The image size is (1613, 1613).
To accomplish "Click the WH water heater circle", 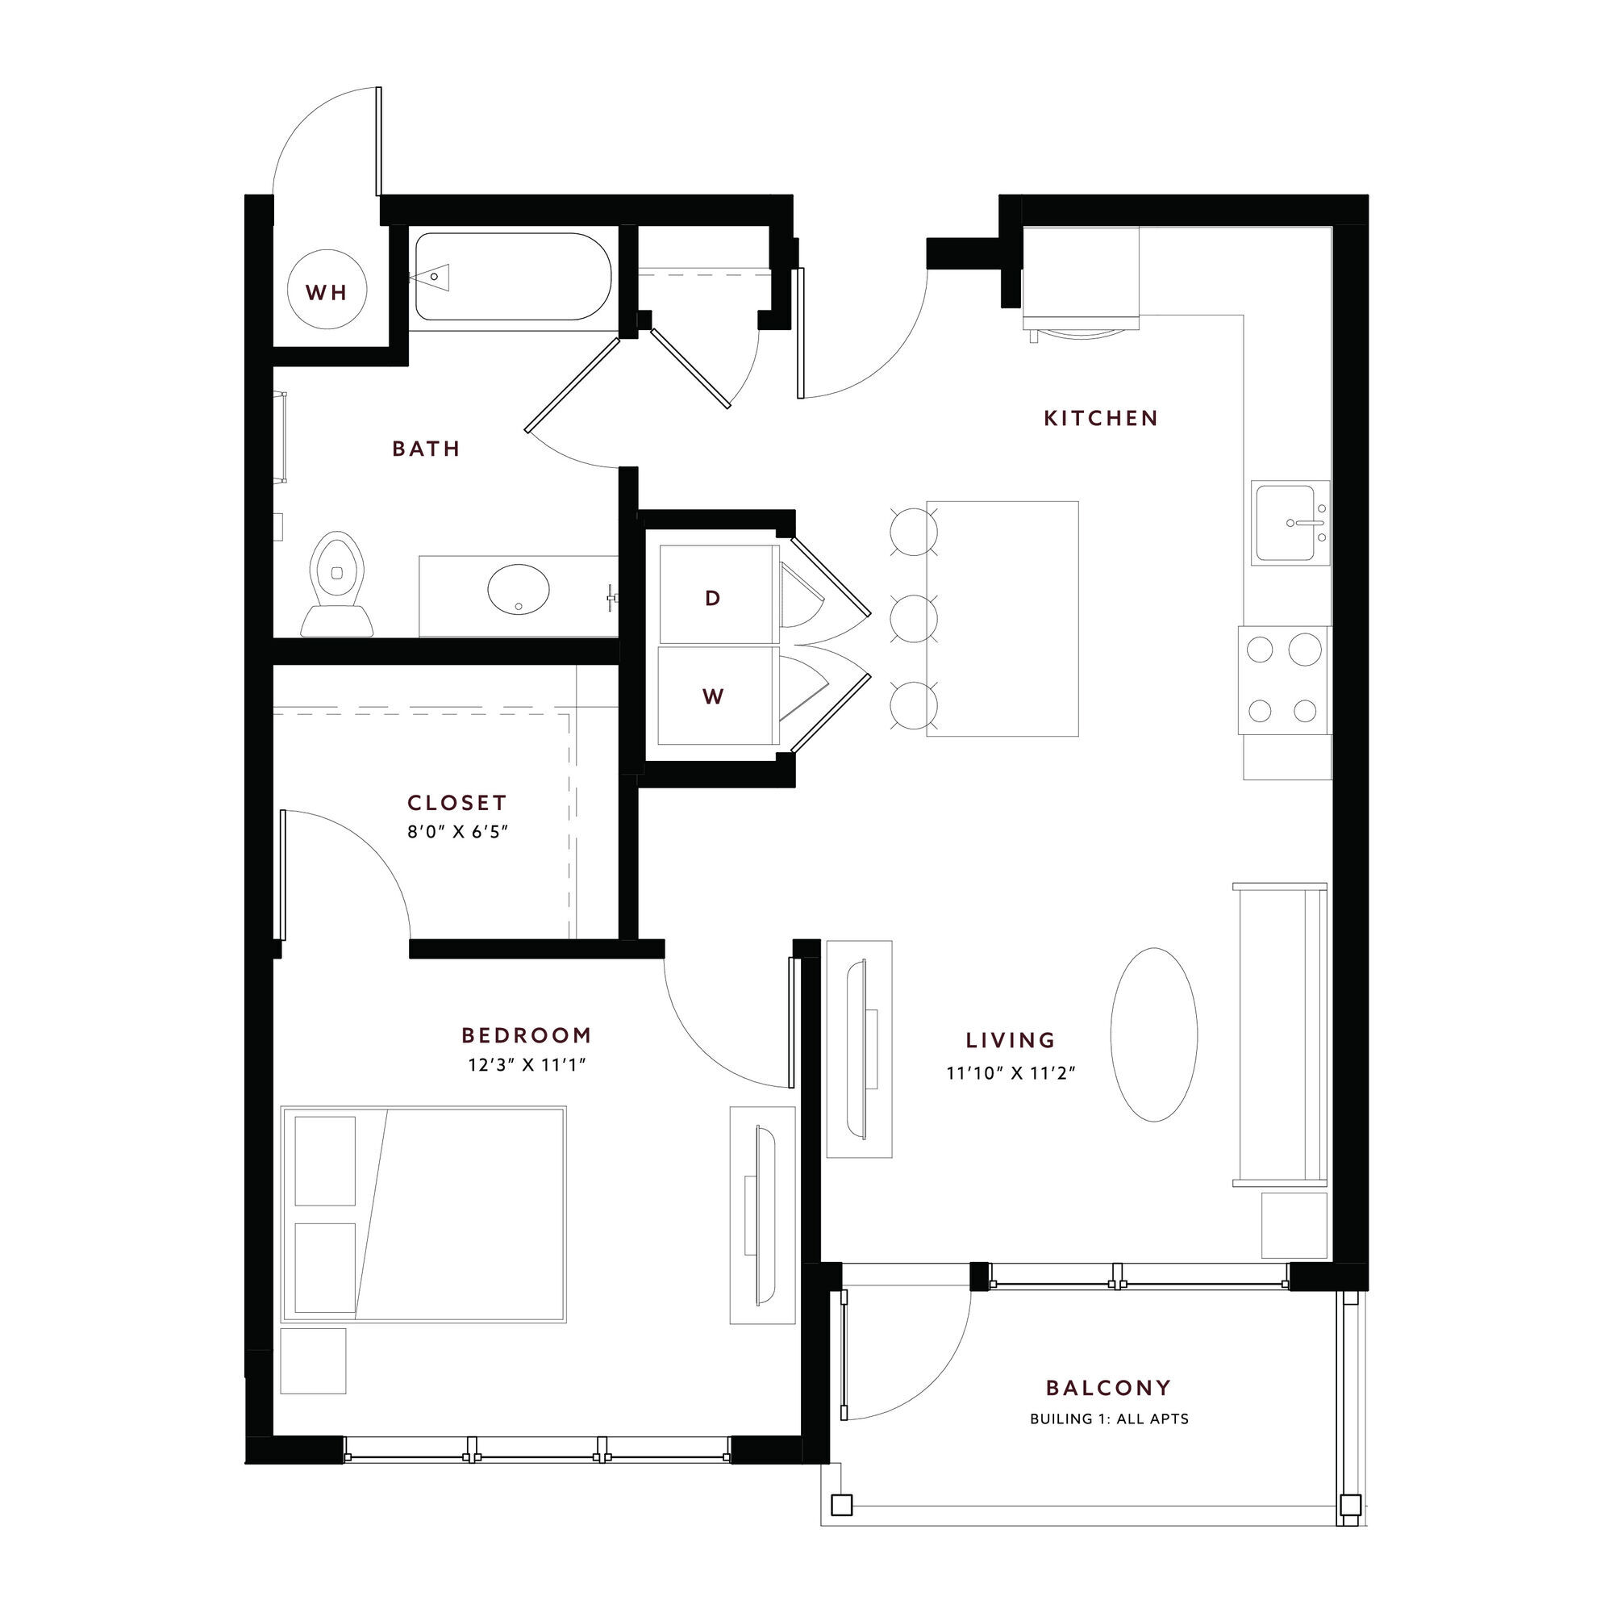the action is click(x=326, y=291).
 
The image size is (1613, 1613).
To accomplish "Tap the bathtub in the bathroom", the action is click(x=514, y=277).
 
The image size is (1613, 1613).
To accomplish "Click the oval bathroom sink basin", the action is click(x=519, y=590).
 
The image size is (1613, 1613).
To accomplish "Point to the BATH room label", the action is click(x=427, y=449).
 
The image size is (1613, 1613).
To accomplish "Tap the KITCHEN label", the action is click(x=1101, y=418).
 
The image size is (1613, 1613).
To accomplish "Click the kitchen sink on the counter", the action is click(x=1290, y=523).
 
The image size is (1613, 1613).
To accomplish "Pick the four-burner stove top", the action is click(x=1285, y=679).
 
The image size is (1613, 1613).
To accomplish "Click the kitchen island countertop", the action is click(x=1002, y=618).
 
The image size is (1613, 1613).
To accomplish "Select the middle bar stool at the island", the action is click(x=915, y=618).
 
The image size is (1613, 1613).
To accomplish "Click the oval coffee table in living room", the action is click(x=1154, y=1034).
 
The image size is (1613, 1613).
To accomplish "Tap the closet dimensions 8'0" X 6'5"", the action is click(x=457, y=831).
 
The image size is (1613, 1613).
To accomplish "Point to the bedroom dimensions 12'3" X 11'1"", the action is click(x=527, y=1064).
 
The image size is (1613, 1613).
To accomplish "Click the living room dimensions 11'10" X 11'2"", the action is click(x=1011, y=1072).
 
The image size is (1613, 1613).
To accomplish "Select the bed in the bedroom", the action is click(x=423, y=1214).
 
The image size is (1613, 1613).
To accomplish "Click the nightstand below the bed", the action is click(x=313, y=1360).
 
